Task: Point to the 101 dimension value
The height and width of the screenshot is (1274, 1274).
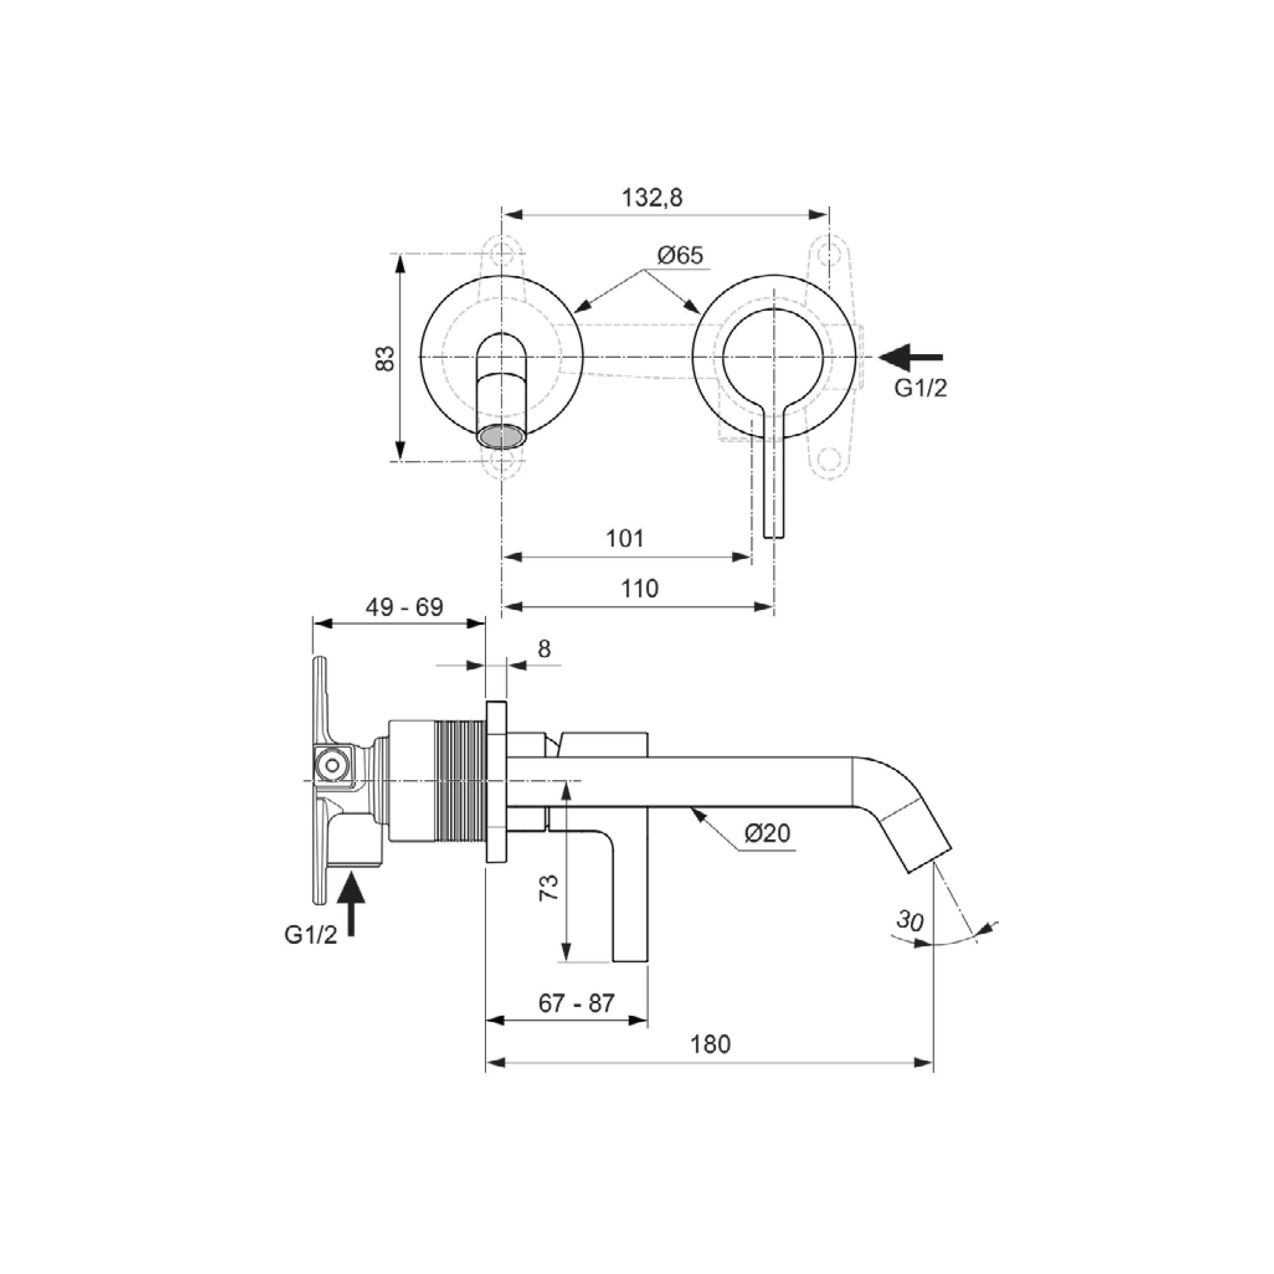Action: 624,539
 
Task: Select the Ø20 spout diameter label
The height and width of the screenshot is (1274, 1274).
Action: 767,834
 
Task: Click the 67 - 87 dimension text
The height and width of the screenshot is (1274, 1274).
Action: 576,1003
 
